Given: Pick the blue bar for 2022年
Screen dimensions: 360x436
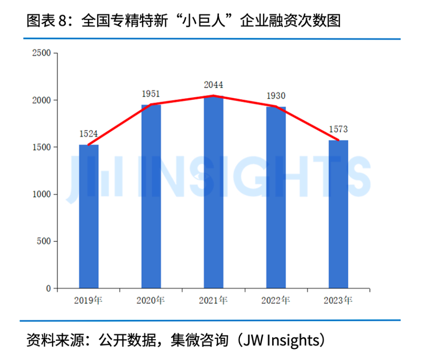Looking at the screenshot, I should pyautogui.click(x=276, y=197).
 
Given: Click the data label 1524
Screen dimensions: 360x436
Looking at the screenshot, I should pyautogui.click(x=89, y=134).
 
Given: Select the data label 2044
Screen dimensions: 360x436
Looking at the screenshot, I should pyautogui.click(x=213, y=85).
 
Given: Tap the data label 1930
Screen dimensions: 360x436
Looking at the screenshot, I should pyautogui.click(x=276, y=95).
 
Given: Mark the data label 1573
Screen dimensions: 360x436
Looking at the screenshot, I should pyautogui.click(x=338, y=130).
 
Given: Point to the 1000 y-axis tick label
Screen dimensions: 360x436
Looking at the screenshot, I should pyautogui.click(x=41, y=194).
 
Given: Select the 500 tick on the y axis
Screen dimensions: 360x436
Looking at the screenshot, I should pyautogui.click(x=44, y=241).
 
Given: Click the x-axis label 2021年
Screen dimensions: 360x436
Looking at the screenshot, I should pyautogui.click(x=213, y=300).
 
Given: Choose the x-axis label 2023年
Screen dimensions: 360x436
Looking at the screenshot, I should pyautogui.click(x=338, y=300).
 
